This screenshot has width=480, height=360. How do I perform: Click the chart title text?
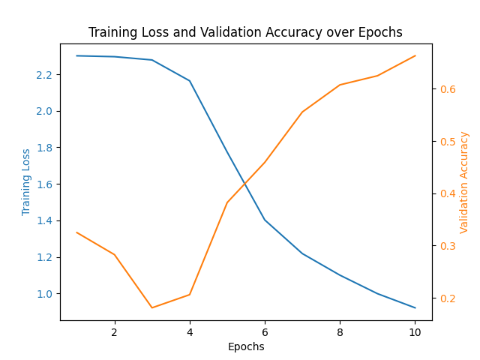245,32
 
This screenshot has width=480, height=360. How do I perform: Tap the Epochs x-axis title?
246,346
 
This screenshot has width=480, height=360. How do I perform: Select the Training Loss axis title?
26,181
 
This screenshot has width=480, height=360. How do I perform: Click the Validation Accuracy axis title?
464,181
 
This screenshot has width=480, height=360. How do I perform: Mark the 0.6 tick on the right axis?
448,89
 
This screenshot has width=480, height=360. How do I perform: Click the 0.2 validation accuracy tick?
448,298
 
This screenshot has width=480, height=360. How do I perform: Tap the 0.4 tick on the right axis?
448,193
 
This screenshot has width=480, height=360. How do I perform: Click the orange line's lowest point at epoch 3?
151,307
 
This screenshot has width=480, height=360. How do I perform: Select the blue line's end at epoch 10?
415,307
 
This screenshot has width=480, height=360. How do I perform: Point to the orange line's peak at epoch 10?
415,55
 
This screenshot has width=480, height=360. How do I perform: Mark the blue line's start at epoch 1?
76,55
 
